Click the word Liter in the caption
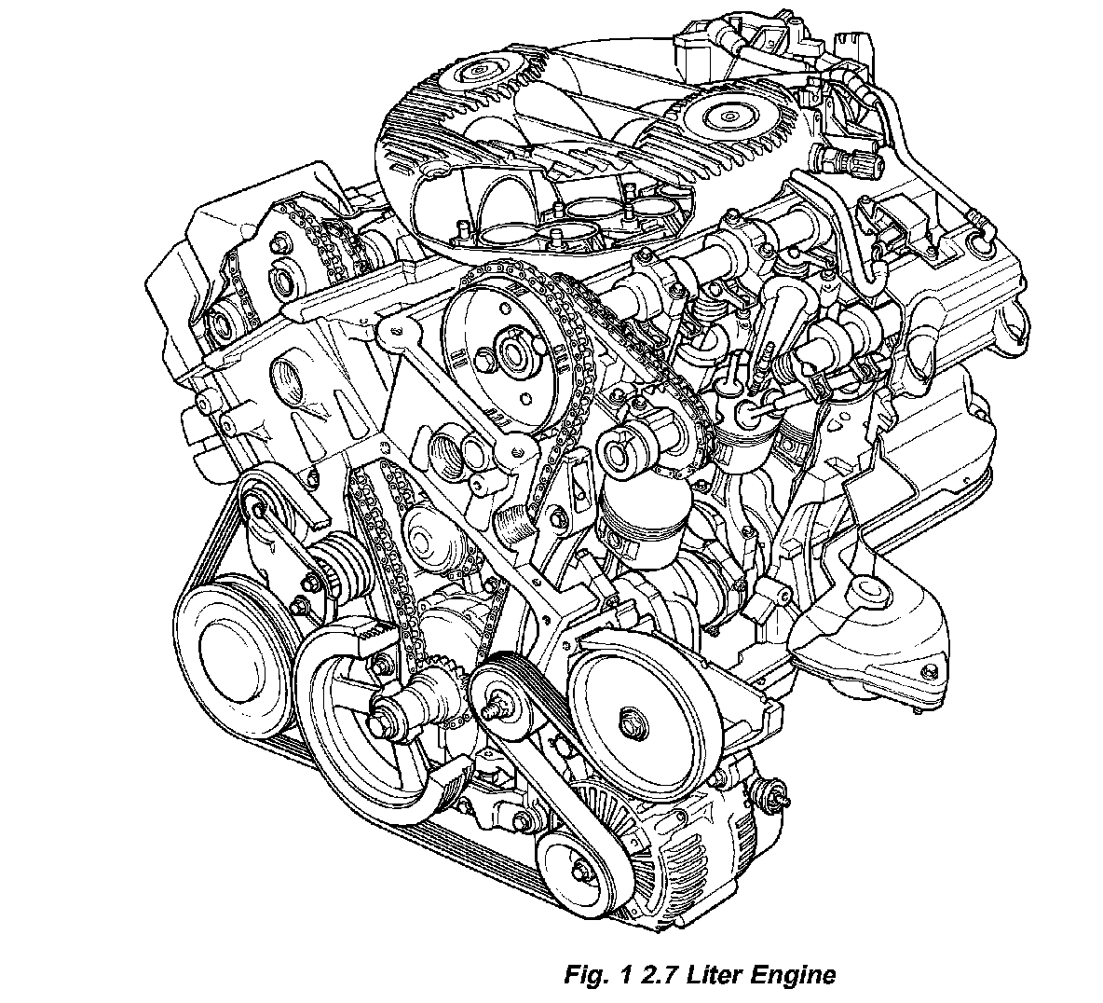(706, 975)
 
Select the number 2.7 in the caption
(648, 975)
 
